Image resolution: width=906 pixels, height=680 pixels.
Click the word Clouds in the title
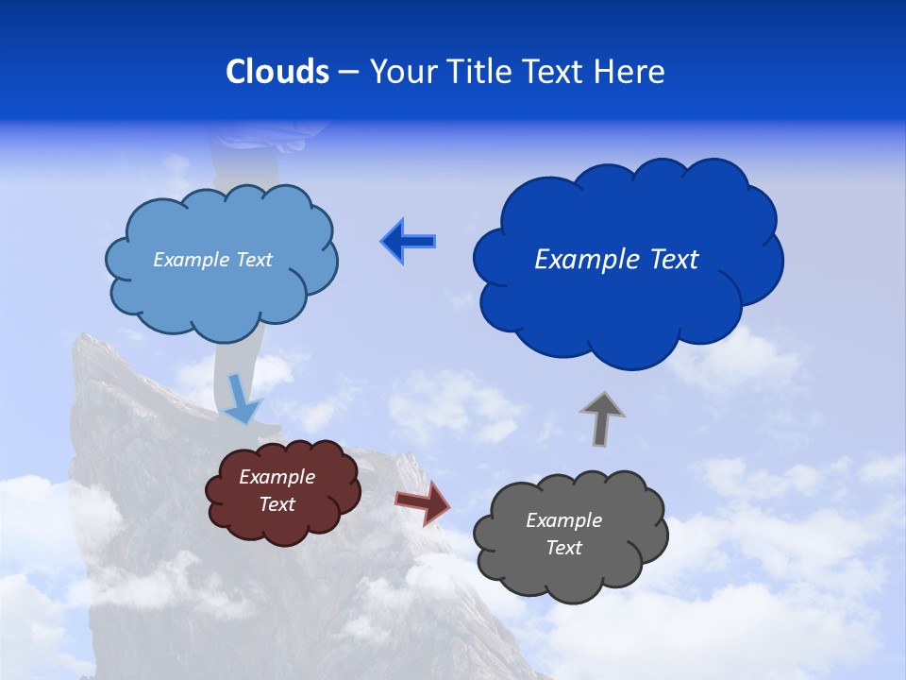(x=277, y=72)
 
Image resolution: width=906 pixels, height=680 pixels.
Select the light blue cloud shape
(x=221, y=297)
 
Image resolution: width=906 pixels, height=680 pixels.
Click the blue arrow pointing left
(x=408, y=242)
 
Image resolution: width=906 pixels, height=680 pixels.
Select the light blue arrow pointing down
(x=243, y=399)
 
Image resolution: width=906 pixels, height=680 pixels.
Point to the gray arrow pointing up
(x=601, y=418)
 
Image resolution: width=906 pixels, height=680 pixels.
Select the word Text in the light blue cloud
(x=254, y=260)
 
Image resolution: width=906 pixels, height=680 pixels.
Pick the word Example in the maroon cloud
(x=277, y=477)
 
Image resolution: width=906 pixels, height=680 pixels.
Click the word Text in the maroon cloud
(x=277, y=504)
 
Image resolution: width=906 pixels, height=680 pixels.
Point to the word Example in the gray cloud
(x=564, y=520)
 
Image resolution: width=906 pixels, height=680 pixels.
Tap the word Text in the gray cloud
(x=564, y=548)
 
